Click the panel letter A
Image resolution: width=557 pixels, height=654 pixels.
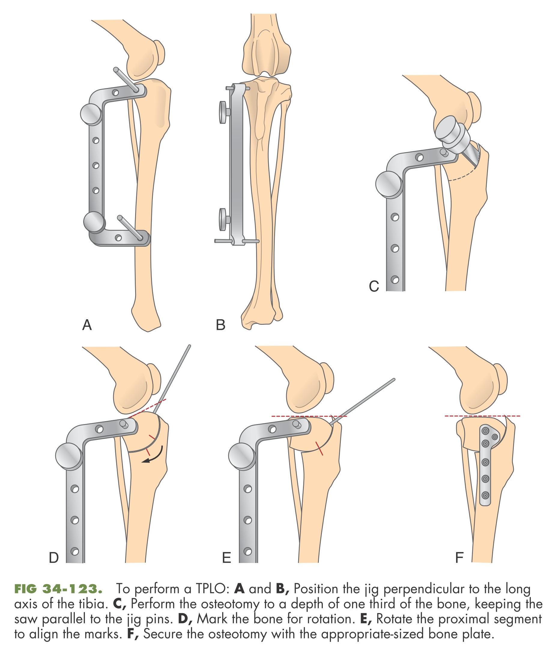click(87, 324)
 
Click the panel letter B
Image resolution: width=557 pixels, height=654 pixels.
click(220, 325)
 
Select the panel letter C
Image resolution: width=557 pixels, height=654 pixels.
click(374, 286)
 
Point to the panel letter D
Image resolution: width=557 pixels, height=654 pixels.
click(54, 558)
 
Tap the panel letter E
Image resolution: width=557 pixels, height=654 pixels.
click(226, 558)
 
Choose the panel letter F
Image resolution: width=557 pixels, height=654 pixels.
click(459, 558)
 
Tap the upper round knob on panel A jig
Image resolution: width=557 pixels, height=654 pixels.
click(91, 114)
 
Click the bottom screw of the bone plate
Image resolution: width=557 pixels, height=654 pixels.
click(486, 495)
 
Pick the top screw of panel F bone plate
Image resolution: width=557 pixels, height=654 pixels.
click(486, 430)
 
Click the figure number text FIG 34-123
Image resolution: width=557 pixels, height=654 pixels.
click(59, 589)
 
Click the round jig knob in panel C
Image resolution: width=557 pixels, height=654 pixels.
click(389, 184)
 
